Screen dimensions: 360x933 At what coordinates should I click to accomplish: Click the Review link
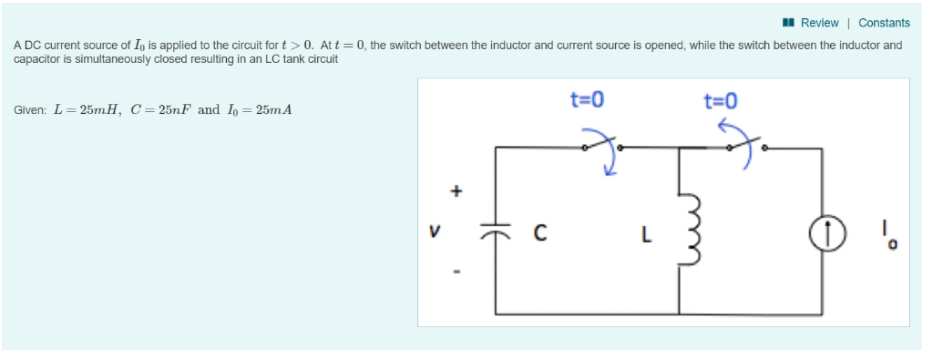pos(819,23)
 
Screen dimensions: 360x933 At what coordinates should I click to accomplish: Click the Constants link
pos(884,23)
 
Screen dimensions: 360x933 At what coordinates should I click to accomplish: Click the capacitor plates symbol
pos(497,234)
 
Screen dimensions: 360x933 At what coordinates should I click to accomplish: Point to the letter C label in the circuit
pos(539,234)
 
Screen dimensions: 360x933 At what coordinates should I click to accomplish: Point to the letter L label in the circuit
pos(646,234)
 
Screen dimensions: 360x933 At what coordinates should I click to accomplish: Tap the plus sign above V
pos(457,191)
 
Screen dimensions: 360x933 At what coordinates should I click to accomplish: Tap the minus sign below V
pos(457,271)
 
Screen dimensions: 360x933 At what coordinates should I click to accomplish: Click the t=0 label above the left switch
pos(587,99)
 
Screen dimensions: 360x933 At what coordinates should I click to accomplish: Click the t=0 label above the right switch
pos(721,100)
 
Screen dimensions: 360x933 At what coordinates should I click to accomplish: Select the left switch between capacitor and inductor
pos(601,144)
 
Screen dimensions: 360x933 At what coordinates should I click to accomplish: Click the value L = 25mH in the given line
pos(88,110)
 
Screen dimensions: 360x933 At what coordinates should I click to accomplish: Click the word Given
pos(30,110)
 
